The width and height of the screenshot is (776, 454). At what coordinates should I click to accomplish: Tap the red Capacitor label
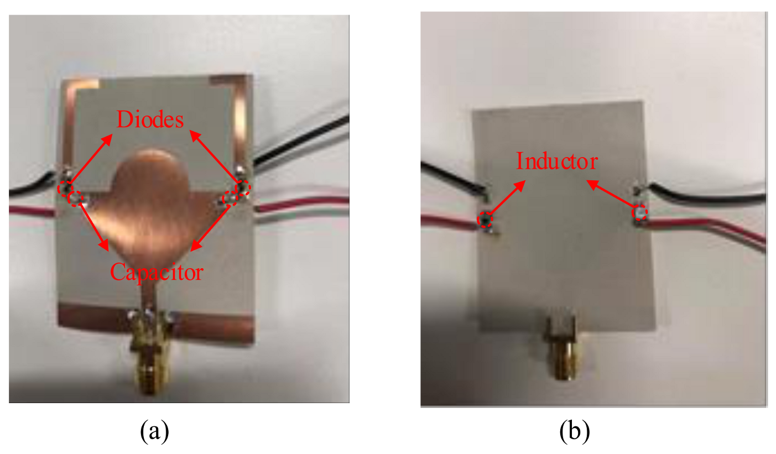pyautogui.click(x=157, y=272)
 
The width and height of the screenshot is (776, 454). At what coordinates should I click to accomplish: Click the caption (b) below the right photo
pyautogui.click(x=574, y=430)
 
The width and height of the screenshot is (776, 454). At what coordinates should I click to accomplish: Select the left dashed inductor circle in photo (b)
pyautogui.click(x=485, y=220)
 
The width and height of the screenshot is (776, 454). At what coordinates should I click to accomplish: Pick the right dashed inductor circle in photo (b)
pyautogui.click(x=640, y=212)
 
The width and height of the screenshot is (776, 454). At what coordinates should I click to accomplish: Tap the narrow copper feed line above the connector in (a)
pyautogui.click(x=147, y=293)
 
